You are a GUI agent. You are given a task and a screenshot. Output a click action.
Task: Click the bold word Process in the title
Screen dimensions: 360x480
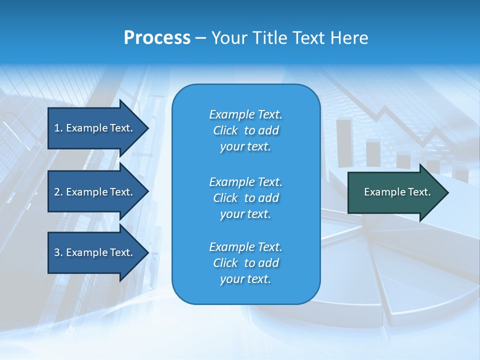click(x=157, y=38)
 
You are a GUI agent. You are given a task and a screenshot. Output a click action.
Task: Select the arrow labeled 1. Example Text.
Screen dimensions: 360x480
click(x=95, y=128)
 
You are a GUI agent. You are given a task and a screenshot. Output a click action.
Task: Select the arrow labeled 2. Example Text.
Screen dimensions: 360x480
click(x=95, y=192)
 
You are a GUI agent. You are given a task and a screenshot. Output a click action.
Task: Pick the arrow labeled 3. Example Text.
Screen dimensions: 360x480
click(x=95, y=252)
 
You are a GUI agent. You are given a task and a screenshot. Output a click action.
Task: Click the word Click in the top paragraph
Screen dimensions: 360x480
click(x=225, y=131)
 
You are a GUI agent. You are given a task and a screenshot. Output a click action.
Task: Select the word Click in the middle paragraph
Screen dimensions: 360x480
click(x=225, y=198)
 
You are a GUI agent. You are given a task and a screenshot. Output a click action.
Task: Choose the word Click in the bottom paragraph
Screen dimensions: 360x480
click(x=225, y=263)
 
